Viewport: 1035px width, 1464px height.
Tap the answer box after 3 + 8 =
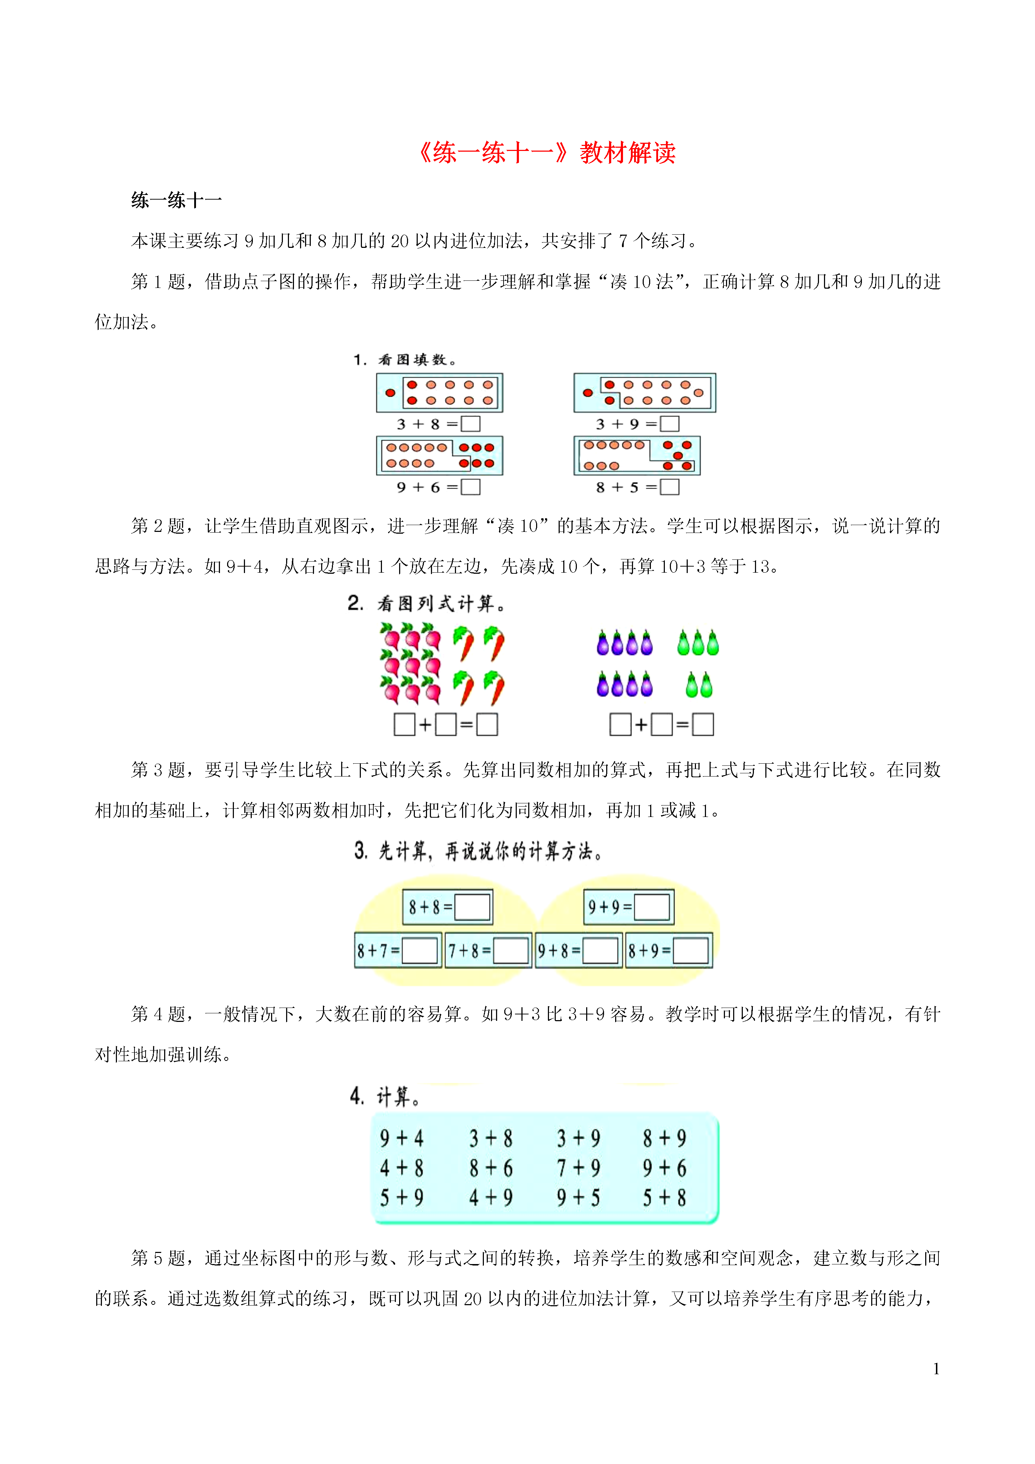(471, 424)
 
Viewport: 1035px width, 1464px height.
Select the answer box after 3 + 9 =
(669, 424)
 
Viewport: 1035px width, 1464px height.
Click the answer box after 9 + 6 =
(471, 487)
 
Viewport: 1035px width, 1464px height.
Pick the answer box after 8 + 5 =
(669, 487)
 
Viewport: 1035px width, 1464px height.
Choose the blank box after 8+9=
(691, 951)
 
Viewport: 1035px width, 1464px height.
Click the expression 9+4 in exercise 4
(402, 1138)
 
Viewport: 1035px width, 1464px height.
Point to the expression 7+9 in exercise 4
(578, 1168)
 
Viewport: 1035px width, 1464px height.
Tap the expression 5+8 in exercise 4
(664, 1198)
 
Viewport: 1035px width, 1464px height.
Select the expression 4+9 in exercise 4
(491, 1198)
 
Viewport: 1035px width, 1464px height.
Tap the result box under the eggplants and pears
(703, 724)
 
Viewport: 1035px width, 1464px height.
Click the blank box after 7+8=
(511, 951)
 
